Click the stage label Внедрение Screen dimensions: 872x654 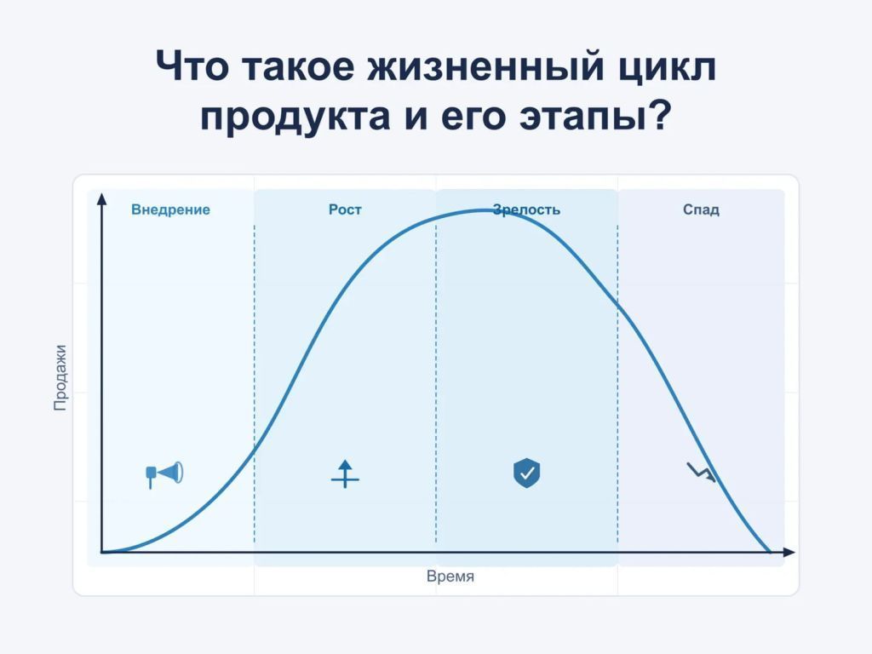(x=170, y=209)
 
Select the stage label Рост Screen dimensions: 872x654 (x=345, y=209)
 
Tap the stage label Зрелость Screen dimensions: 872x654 (x=526, y=210)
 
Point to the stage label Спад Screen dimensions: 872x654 (x=701, y=209)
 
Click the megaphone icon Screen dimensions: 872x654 (x=164, y=474)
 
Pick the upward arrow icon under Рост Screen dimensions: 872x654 (x=346, y=473)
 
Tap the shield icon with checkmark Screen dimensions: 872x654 (x=526, y=473)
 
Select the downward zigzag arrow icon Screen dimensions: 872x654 (x=701, y=472)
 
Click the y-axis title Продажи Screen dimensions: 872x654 (x=60, y=377)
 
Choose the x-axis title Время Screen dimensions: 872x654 (x=450, y=577)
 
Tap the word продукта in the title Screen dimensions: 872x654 (x=295, y=117)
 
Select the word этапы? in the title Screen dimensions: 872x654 (x=596, y=117)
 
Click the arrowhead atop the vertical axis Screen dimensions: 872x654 (x=101, y=199)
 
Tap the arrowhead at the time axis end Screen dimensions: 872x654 (x=789, y=552)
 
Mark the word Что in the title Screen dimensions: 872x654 (x=192, y=66)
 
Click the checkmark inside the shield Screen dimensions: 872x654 (x=526, y=473)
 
